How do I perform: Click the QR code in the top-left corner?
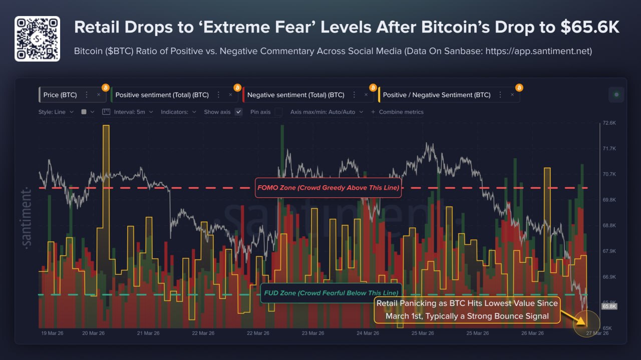point(37,39)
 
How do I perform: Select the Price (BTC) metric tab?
point(58,95)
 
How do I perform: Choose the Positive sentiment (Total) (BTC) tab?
point(162,95)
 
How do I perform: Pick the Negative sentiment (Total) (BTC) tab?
point(295,95)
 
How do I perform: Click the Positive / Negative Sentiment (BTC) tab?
point(436,95)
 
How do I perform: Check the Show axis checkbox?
point(239,112)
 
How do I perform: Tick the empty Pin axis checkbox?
point(278,112)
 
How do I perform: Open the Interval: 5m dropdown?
point(129,112)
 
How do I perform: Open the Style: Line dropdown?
point(56,112)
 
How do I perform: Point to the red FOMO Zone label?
point(328,188)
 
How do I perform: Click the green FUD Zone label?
point(331,293)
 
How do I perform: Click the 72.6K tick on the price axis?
point(609,123)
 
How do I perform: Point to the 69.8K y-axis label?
point(609,200)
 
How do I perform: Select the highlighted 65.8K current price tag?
point(608,306)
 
